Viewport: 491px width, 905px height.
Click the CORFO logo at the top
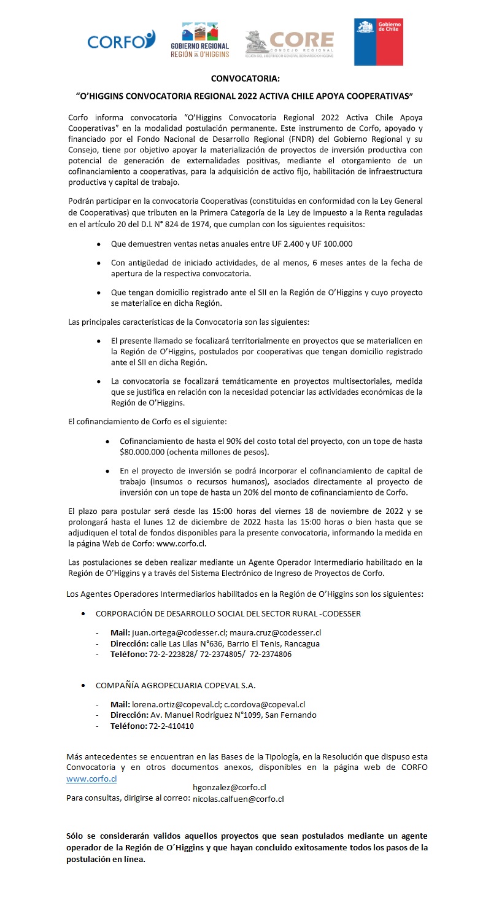[122, 41]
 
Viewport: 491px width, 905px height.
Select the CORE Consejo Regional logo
[289, 43]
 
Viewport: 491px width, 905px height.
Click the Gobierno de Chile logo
[378, 42]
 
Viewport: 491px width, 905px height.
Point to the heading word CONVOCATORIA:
[245, 79]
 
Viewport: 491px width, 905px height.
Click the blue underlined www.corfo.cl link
[91, 779]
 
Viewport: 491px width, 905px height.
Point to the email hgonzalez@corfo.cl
[229, 787]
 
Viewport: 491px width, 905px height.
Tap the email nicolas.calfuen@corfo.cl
[238, 799]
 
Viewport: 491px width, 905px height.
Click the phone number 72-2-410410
[172, 726]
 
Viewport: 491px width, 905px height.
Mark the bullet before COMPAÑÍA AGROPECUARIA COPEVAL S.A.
[83, 685]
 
